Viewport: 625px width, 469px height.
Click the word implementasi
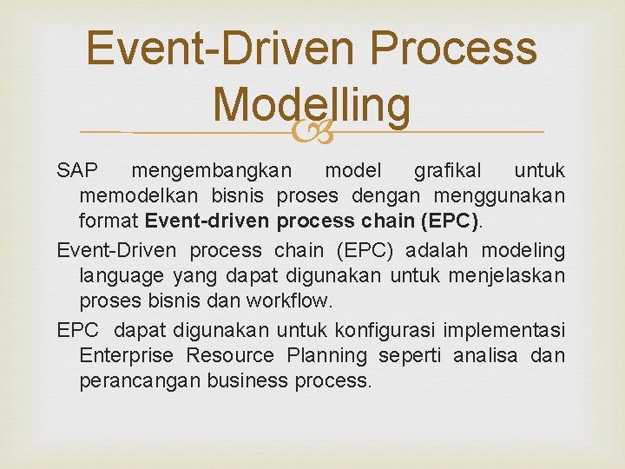[504, 331]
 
